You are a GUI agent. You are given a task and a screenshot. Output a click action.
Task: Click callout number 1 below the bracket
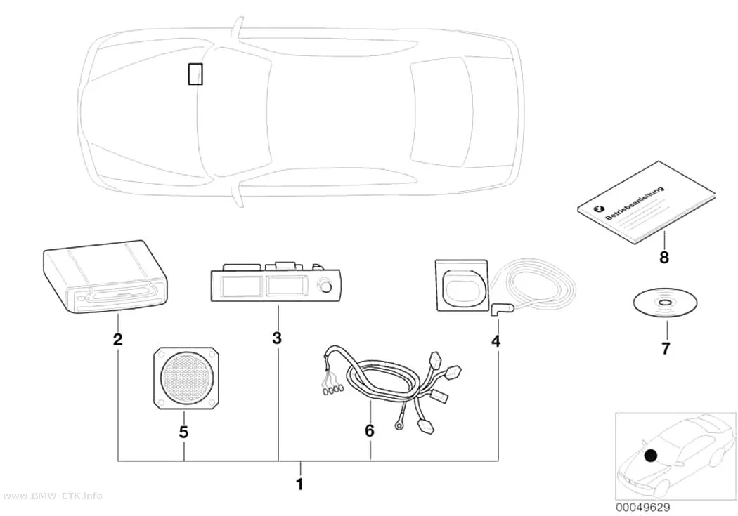(x=299, y=484)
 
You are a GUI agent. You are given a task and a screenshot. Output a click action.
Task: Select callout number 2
(x=117, y=339)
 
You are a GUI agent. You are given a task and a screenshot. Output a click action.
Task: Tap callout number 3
(x=277, y=338)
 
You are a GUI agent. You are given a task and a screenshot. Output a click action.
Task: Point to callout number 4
(x=496, y=341)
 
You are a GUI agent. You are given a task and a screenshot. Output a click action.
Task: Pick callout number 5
(x=183, y=432)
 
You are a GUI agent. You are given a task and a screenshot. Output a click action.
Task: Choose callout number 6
(x=370, y=430)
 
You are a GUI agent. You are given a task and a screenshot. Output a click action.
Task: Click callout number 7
(x=665, y=349)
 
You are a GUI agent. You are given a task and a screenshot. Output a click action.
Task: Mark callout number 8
(x=664, y=257)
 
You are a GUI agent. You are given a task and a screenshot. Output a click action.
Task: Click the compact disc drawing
(x=665, y=303)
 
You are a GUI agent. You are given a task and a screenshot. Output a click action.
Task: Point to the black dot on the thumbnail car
(x=651, y=455)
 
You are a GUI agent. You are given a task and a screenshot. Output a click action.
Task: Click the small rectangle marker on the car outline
(x=195, y=74)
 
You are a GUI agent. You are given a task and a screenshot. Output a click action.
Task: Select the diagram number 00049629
(x=642, y=508)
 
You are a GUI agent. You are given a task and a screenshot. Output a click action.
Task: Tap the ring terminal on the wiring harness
(x=399, y=426)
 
